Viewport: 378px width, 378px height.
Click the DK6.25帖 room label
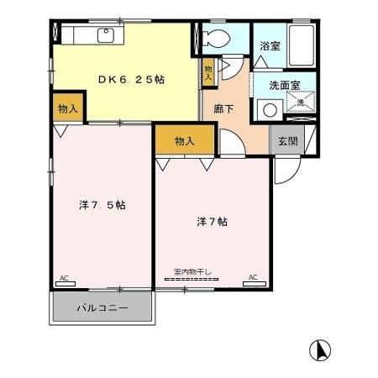point(130,79)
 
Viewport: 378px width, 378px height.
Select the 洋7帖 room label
point(213,222)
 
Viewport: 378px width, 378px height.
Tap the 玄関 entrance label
point(287,141)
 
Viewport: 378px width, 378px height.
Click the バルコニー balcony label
point(102,307)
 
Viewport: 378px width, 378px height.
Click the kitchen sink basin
point(106,35)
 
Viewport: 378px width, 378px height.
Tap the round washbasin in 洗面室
point(270,108)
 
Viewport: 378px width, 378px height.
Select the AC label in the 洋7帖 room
point(253,277)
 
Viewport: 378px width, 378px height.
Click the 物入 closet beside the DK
point(68,108)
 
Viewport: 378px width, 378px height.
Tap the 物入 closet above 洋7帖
point(185,140)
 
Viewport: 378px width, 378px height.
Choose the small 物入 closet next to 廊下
point(207,71)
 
